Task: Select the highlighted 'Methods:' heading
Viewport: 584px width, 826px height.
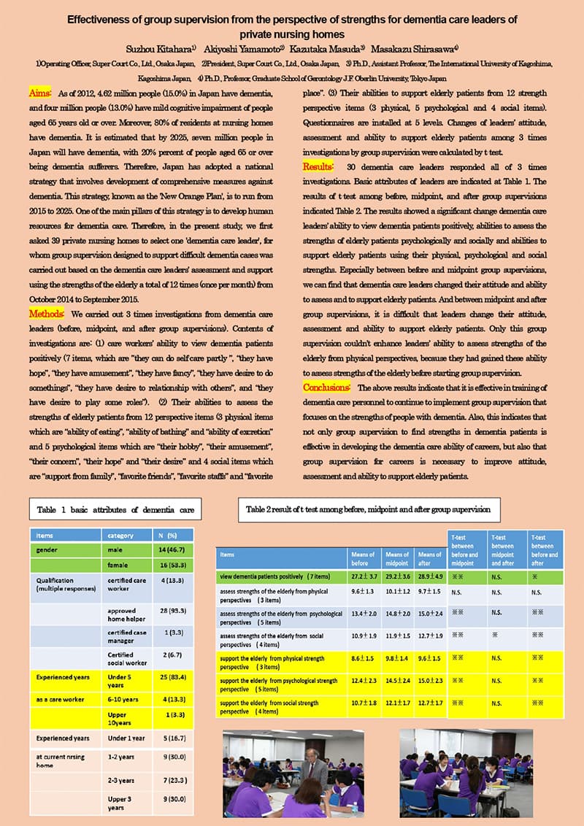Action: pos(45,313)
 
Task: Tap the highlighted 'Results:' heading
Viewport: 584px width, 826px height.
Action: pos(318,166)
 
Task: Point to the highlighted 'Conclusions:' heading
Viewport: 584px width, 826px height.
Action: pos(326,387)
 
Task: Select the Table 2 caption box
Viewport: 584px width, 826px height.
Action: pos(369,509)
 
